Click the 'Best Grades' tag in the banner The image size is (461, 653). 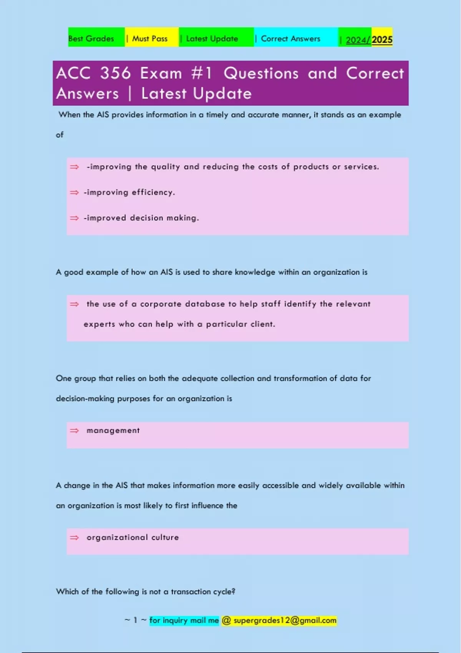91,39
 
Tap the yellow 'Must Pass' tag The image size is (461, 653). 150,39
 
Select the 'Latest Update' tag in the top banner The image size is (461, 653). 212,39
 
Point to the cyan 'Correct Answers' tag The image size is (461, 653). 290,39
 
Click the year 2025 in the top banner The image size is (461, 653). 382,40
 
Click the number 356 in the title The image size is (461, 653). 116,73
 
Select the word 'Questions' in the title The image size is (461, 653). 261,73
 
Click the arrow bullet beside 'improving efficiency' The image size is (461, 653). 74,192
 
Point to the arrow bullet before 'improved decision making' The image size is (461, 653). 74,218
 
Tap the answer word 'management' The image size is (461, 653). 113,431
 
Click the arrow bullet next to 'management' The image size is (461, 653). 74,431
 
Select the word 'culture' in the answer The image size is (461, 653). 165,537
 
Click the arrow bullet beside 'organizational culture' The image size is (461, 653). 74,538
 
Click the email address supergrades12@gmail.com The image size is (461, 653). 285,620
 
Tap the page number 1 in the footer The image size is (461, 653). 135,620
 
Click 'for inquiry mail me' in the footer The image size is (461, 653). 184,620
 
